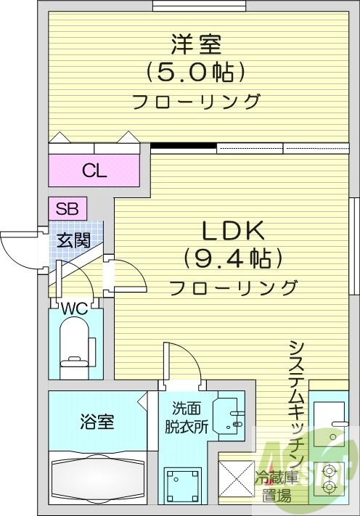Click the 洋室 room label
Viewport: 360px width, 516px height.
[x=195, y=45]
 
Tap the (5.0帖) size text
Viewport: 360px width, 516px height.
[x=195, y=73]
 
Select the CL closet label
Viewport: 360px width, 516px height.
[x=94, y=171]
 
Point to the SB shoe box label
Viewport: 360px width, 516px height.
[x=68, y=209]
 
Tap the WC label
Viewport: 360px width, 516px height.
[x=73, y=308]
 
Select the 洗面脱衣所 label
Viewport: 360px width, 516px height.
[x=189, y=417]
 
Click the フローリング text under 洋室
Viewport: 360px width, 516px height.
[x=195, y=101]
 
